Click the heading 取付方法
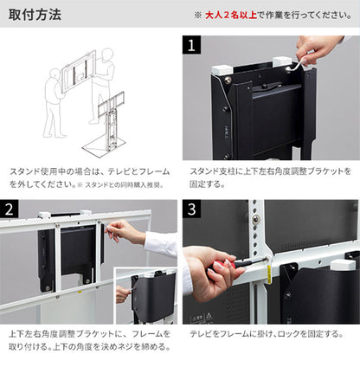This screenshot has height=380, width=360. point(35,15)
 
